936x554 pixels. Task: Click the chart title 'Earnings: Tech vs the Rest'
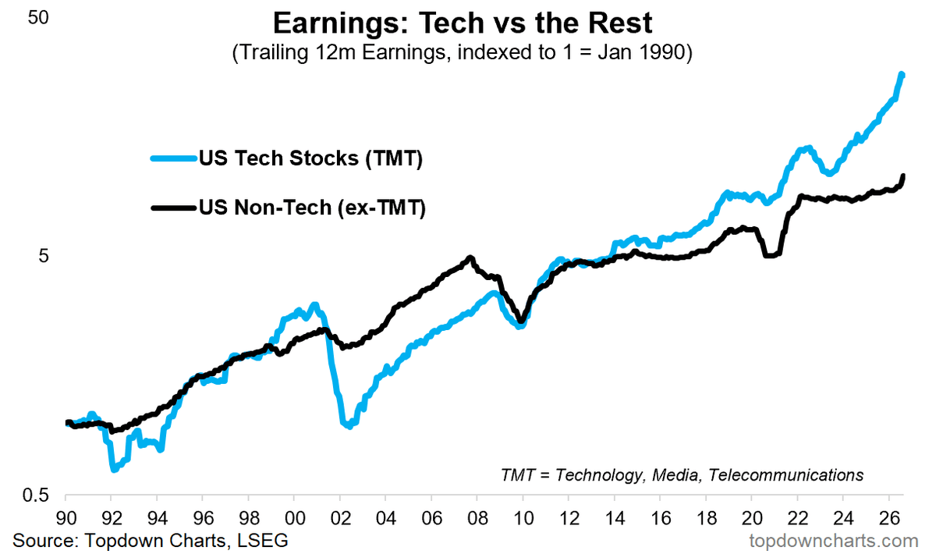[x=463, y=23]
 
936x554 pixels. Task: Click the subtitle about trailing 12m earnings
[x=462, y=52]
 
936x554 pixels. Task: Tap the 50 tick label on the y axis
[x=38, y=18]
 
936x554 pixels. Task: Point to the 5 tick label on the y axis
[x=44, y=255]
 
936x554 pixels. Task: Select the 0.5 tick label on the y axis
[x=36, y=495]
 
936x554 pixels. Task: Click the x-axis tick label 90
[x=66, y=518]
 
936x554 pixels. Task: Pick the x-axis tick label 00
[x=295, y=518]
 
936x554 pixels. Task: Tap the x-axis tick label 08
[x=477, y=518]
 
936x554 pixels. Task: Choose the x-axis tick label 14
[x=615, y=518]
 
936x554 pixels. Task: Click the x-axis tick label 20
[x=752, y=518]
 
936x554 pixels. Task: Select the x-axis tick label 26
[x=889, y=518]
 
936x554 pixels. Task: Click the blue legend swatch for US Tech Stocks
[x=173, y=158]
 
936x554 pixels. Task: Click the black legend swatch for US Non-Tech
[x=173, y=208]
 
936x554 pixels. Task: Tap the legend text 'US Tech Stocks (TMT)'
[x=311, y=158]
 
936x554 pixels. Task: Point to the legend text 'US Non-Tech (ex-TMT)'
[x=313, y=208]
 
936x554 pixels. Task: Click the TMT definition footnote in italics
[x=682, y=475]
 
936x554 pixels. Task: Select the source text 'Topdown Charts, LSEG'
[x=186, y=541]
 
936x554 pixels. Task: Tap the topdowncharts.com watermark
[x=834, y=541]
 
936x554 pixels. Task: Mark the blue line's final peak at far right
[x=902, y=75]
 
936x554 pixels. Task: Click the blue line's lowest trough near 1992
[x=114, y=470]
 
